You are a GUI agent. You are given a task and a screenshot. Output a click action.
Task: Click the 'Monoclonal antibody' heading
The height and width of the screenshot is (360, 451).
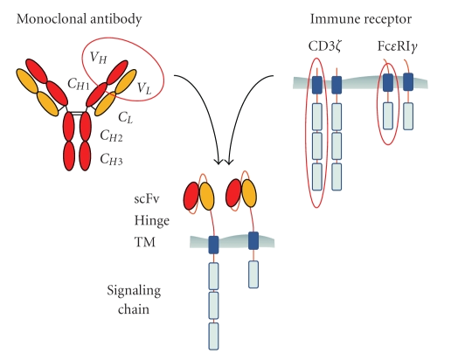pos(79,19)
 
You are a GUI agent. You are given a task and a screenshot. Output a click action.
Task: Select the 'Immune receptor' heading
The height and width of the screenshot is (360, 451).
pos(361,19)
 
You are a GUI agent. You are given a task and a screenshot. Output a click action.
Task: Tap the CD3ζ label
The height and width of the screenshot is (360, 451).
pos(325,46)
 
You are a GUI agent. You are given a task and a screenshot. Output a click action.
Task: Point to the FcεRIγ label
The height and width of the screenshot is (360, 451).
pos(398,46)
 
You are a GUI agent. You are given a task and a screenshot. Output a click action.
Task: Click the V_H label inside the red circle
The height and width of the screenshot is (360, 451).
pos(98,58)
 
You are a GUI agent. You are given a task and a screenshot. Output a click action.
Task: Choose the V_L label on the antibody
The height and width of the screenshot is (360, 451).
pos(144,87)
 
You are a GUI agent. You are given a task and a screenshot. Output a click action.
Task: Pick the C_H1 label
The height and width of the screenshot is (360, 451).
pos(78,84)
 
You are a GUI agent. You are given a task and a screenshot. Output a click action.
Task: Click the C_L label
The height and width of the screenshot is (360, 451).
pos(125,117)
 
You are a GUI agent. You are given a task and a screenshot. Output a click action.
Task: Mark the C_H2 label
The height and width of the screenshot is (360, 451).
pos(111,135)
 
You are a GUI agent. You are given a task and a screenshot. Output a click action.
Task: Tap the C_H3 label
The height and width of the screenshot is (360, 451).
pos(111,159)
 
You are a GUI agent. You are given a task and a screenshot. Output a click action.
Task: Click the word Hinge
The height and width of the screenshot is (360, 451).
pos(152,221)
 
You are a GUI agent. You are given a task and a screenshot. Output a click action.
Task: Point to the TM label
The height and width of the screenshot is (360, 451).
pos(145,242)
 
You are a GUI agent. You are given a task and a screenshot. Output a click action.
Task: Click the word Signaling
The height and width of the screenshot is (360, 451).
pos(134,291)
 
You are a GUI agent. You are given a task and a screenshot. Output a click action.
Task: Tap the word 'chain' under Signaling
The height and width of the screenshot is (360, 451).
pos(134,309)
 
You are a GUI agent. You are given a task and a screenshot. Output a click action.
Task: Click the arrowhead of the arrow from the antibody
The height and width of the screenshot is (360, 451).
pos(219,163)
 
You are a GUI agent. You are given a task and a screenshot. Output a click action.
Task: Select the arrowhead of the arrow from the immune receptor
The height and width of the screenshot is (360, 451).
pos(229,163)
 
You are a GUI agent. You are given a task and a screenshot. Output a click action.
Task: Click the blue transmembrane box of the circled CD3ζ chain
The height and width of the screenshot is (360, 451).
pos(317,85)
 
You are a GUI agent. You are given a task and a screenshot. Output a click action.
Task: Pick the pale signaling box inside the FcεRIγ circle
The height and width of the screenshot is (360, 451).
pos(388,115)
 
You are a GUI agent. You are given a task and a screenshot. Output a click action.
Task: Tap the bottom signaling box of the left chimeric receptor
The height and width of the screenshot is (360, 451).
pos(213,336)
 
